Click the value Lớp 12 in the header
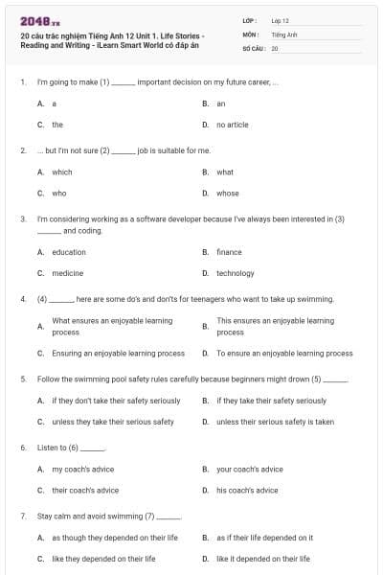pos(280,19)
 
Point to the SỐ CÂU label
pos(254,47)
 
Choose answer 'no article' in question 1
pos(233,125)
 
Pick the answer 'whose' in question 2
pos(227,193)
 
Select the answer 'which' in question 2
pos(61,172)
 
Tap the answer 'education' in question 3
pos(68,252)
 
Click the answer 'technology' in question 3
pos(236,273)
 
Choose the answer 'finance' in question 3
pos(229,252)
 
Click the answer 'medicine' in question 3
pos(66,273)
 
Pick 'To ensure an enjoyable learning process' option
pos(284,353)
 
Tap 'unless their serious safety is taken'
pos(275,421)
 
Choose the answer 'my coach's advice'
pos(82,470)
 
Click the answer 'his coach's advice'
pos(247,490)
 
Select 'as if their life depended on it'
pos(264,538)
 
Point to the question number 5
pos(22,379)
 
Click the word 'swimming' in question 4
pos(315,299)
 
